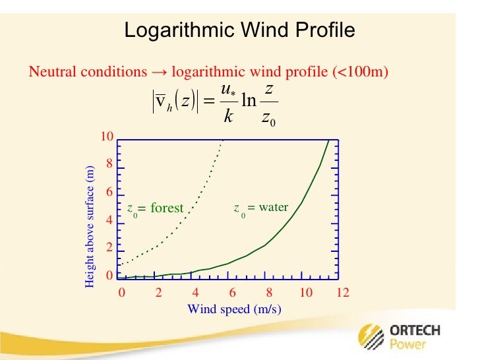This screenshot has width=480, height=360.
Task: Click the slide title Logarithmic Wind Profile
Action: pos(239,30)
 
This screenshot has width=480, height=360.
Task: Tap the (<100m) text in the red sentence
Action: pos(363,72)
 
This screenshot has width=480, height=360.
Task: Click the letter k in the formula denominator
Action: pos(227,116)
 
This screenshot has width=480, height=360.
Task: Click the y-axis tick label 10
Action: pos(107,136)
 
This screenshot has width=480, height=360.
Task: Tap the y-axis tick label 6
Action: pos(109,193)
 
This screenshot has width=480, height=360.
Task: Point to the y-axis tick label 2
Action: pos(109,248)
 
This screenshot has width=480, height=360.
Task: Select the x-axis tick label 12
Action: pos(342,293)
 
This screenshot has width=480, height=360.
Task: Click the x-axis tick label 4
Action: pos(195,293)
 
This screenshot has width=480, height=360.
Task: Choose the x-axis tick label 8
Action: pos(269,293)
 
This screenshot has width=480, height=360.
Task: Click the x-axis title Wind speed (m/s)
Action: pos(234,309)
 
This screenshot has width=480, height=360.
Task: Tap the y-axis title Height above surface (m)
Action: pos(90,227)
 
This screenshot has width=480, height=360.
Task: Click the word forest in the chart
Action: pos(167,208)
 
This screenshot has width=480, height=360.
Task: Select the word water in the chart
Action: pos(273,207)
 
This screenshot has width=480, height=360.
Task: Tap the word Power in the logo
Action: pos(407,345)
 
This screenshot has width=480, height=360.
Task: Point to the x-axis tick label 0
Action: pos(121,293)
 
